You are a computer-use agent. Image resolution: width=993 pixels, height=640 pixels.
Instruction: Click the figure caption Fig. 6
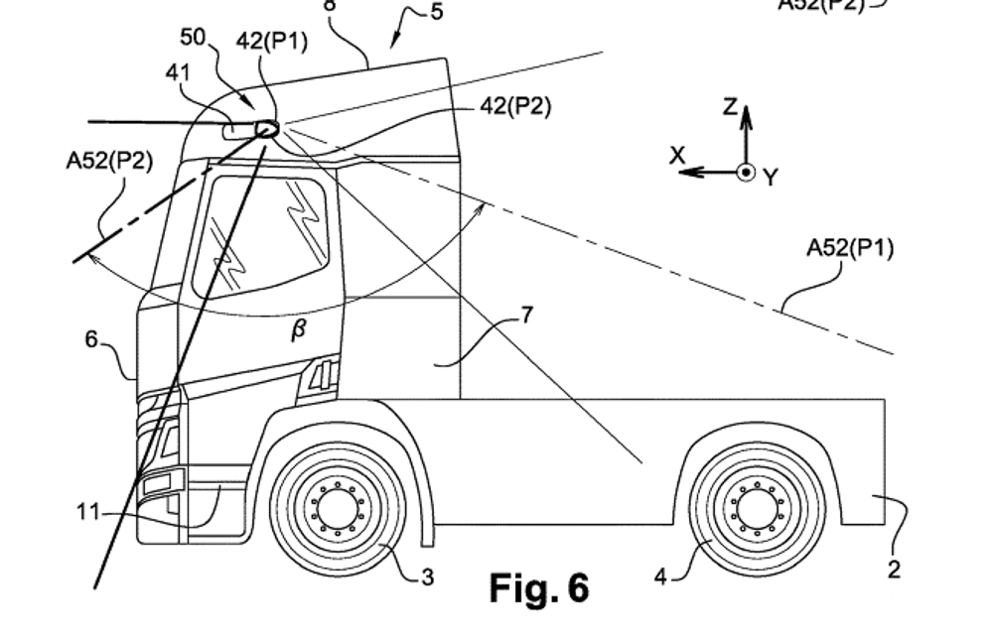tap(539, 588)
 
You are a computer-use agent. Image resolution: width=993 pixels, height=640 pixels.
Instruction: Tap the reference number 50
tap(193, 38)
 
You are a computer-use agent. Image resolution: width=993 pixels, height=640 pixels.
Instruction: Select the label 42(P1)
tap(272, 42)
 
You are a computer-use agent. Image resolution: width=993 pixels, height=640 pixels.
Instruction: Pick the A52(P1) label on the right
tap(850, 248)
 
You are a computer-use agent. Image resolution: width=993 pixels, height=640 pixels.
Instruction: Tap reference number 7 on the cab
tap(527, 316)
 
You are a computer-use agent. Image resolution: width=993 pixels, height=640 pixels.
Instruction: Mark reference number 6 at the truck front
tap(91, 339)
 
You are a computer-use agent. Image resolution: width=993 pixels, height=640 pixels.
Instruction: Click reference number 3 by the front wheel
tap(427, 576)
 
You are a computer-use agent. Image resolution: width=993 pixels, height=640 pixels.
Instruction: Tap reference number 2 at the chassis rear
tap(894, 570)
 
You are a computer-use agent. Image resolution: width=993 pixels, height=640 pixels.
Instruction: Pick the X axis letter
tap(678, 156)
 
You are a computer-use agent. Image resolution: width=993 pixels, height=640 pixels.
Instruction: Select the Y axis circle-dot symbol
tap(747, 172)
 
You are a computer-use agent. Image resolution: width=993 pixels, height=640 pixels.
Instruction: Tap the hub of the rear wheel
tap(757, 509)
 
